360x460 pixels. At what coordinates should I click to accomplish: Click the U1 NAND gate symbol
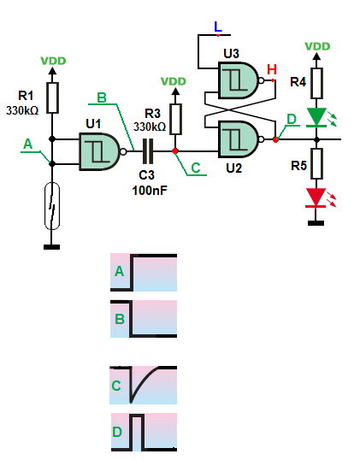pos(101,151)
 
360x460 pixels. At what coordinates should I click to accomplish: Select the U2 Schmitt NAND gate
pos(240,139)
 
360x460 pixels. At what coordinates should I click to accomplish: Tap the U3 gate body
pos(240,80)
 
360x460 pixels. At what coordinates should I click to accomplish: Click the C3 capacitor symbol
pos(148,151)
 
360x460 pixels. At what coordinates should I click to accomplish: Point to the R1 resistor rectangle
pos(52,97)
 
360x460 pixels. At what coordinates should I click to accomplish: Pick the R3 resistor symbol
pos(175,119)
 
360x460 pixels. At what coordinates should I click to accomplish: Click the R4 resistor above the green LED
pos(316,83)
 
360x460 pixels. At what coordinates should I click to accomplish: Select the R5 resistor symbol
pos(316,163)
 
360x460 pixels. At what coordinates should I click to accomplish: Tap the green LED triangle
pos(316,117)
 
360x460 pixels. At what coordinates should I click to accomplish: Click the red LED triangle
pos(316,198)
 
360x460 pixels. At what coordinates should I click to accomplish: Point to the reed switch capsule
pos(52,206)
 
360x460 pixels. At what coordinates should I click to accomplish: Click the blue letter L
pos(218,27)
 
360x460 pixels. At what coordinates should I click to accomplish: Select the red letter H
pos(272,69)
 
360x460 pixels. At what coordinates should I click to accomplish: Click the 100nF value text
pos(150,191)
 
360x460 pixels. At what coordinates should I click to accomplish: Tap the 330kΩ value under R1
pos(22,110)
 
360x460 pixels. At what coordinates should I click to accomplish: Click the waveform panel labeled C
pos(143,385)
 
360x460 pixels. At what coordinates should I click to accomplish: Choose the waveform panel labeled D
pos(144,432)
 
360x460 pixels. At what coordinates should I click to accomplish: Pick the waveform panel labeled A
pos(144,272)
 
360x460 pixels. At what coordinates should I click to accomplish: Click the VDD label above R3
pos(174,81)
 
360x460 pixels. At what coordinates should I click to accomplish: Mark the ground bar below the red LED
pos(316,223)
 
